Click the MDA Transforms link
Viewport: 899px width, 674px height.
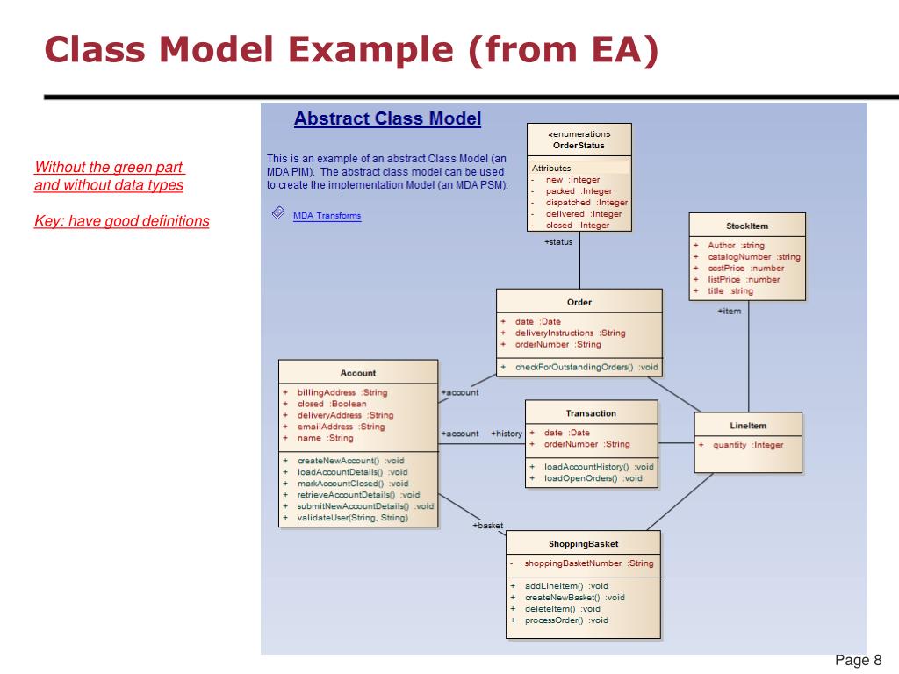[x=327, y=215]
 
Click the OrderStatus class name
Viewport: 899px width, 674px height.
[x=579, y=146]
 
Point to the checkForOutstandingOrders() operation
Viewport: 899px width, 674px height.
[x=586, y=367]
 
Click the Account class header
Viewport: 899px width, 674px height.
[x=357, y=373]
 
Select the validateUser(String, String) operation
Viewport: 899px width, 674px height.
[x=352, y=518]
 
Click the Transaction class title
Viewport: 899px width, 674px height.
[x=591, y=412]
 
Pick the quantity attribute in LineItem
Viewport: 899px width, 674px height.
[x=748, y=445]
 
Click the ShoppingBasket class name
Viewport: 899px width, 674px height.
[x=583, y=544]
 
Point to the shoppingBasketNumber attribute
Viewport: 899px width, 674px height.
[x=588, y=563]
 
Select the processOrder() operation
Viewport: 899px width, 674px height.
[x=566, y=620]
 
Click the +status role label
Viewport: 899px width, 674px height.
[x=558, y=241]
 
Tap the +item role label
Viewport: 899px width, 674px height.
[x=729, y=311]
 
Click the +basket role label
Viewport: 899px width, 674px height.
[x=488, y=525]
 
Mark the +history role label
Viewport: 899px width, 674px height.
[x=507, y=434]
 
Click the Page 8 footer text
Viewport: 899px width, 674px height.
[x=858, y=661]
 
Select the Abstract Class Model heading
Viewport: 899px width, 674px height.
[x=387, y=118]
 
